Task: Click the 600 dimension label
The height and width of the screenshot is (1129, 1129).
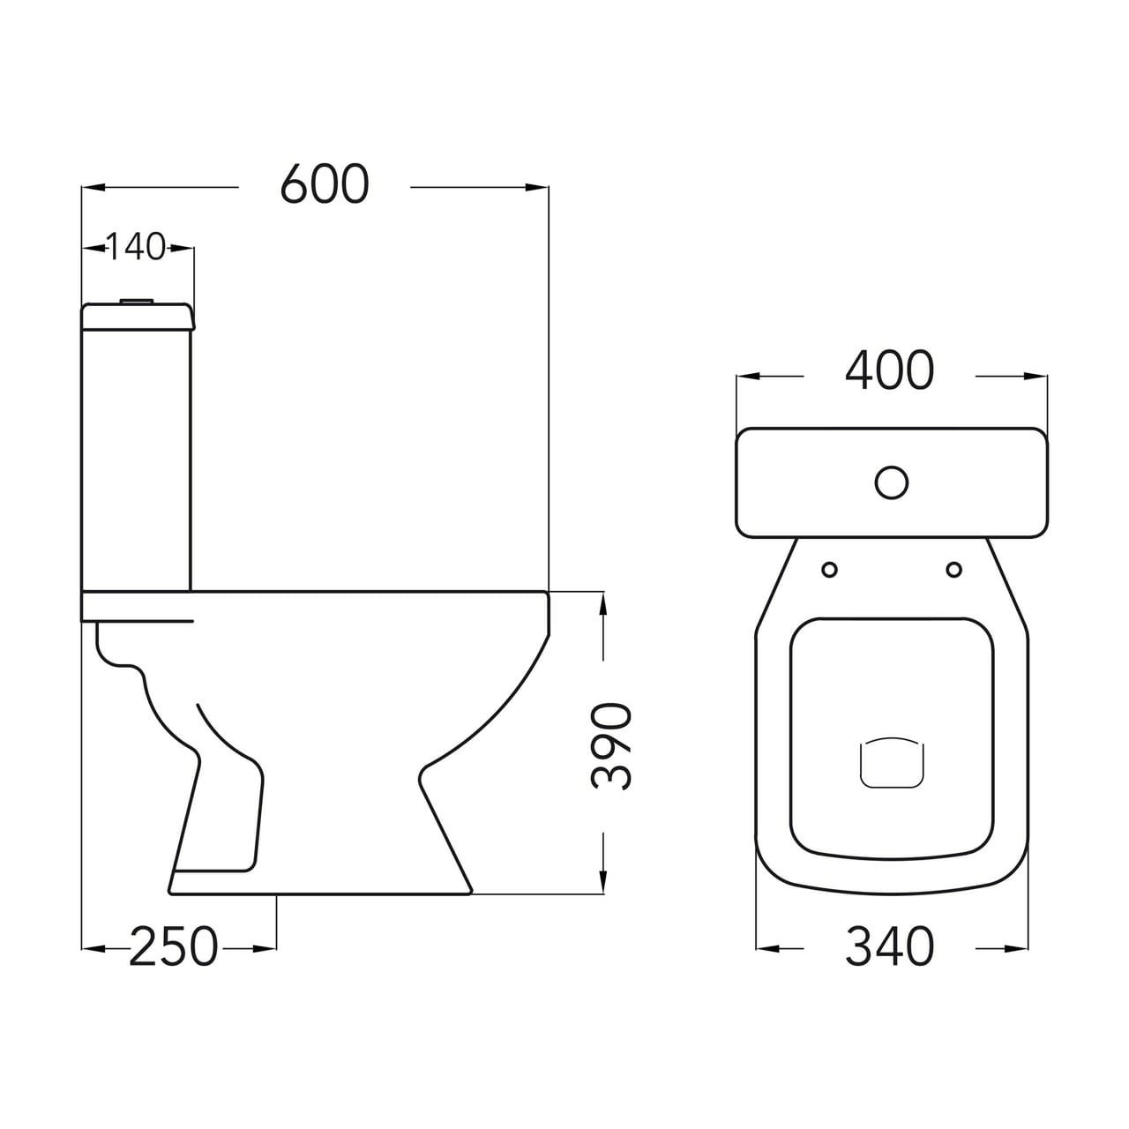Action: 325,185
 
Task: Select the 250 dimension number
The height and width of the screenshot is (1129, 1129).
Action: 174,946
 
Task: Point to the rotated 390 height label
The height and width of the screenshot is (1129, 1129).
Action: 611,748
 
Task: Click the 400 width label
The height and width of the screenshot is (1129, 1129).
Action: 889,370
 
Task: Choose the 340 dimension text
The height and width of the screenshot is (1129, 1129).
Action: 889,946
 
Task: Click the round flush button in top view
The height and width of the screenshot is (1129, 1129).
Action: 892,482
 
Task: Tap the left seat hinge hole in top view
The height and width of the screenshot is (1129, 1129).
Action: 830,569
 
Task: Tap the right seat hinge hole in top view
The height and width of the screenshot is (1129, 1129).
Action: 954,569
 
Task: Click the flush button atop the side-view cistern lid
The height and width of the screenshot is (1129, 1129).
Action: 137,301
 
